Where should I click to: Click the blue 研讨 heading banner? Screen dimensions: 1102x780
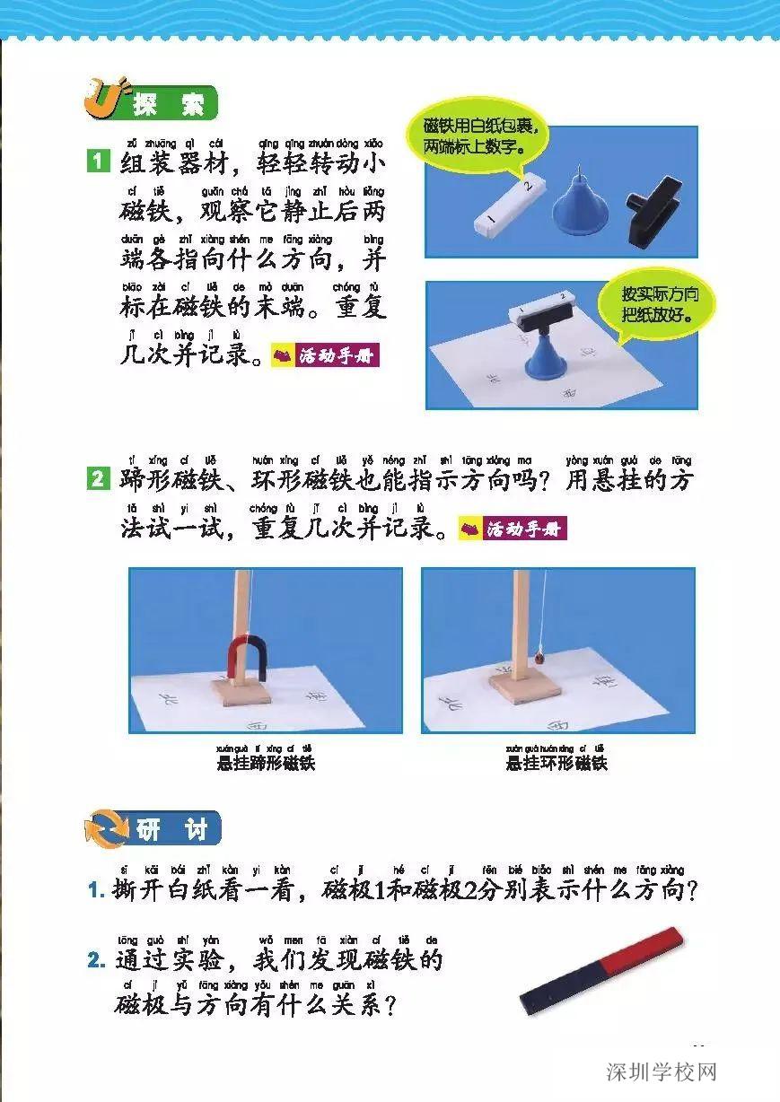pos(171,829)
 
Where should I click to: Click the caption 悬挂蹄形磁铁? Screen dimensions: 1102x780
pos(266,764)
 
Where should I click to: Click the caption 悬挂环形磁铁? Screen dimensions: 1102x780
pos(557,764)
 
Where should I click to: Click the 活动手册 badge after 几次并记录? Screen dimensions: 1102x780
pos(325,355)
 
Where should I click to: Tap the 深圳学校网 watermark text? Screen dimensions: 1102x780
pos(662,1071)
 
